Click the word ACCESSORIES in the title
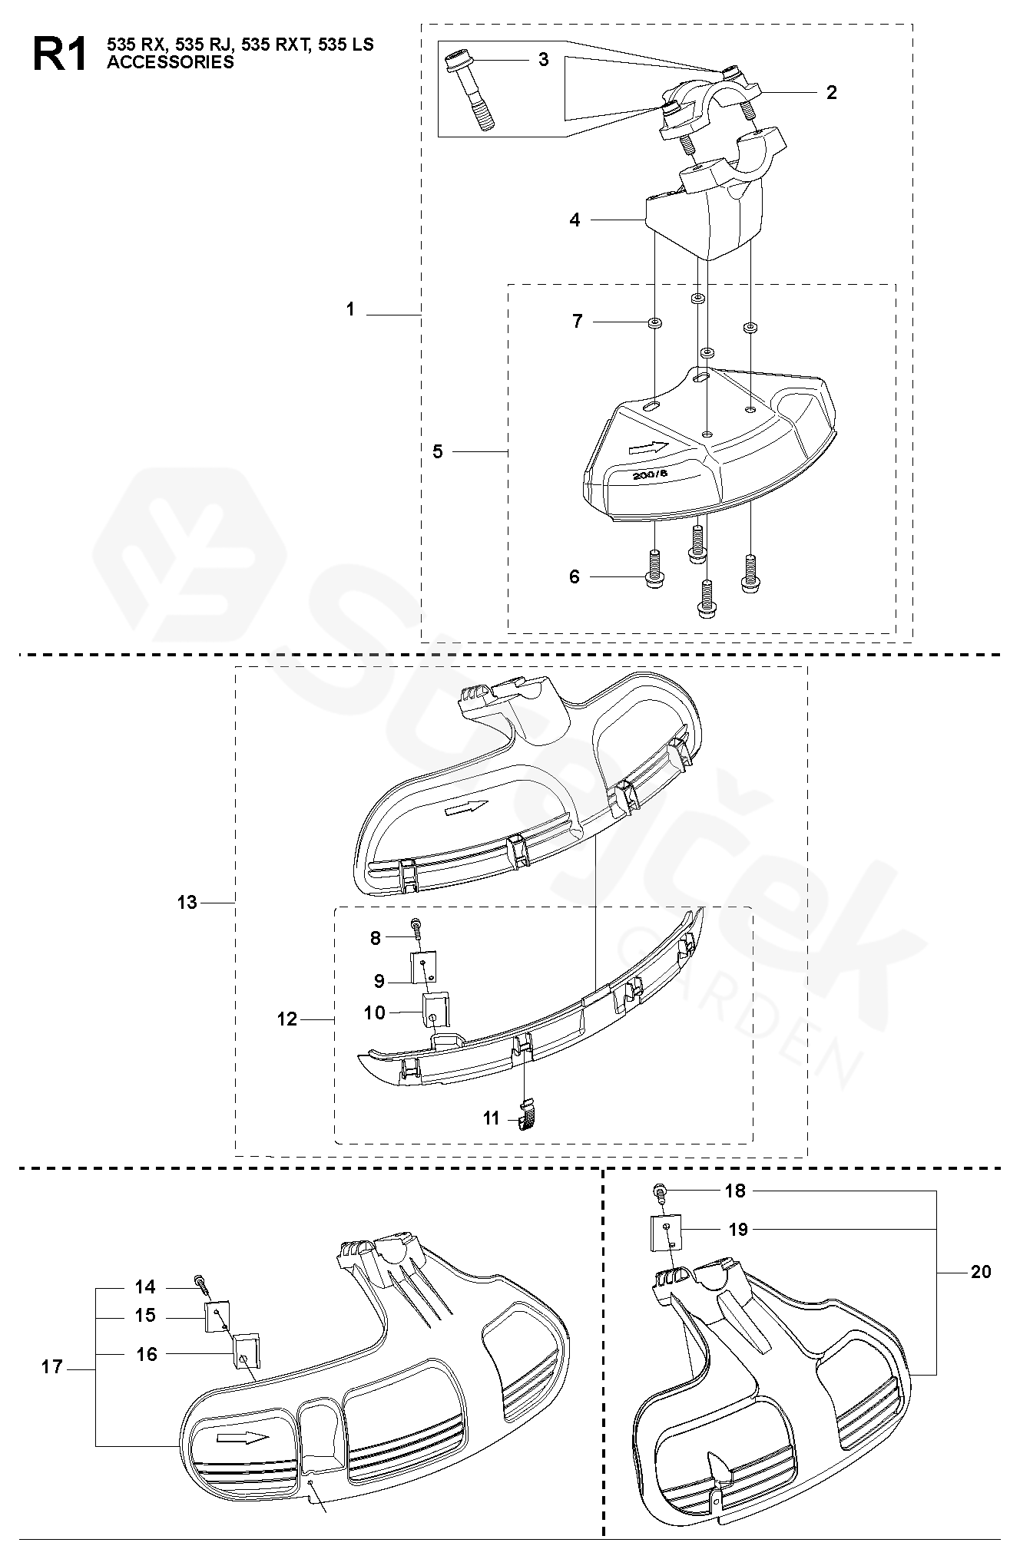pos(170,63)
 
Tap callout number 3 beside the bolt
pos(543,59)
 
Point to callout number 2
pos(831,93)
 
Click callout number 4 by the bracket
pos(575,220)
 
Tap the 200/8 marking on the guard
pos(650,474)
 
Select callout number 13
pos(187,902)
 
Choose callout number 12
pos(286,1019)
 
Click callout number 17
pos(52,1367)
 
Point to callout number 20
pos(981,1272)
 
